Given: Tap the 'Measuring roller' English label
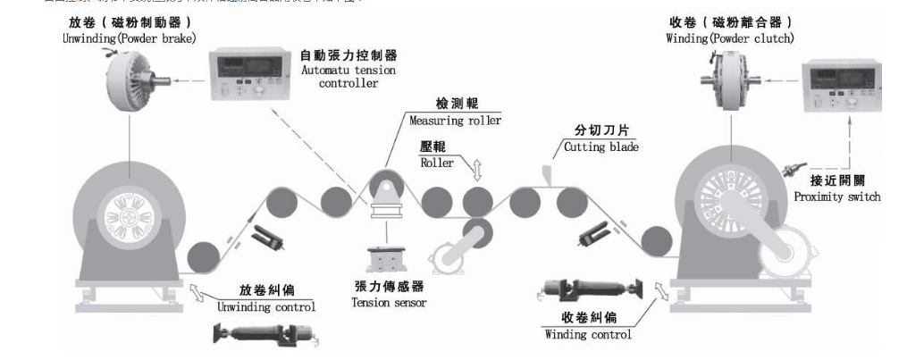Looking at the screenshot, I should pos(455,121).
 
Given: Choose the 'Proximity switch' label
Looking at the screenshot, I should pos(837,197).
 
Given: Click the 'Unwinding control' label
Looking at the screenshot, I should pos(266,306).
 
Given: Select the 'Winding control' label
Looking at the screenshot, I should pos(588,334).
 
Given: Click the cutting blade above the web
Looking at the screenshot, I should pos(546,173).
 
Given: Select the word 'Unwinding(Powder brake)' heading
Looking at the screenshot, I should pos(130,38).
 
